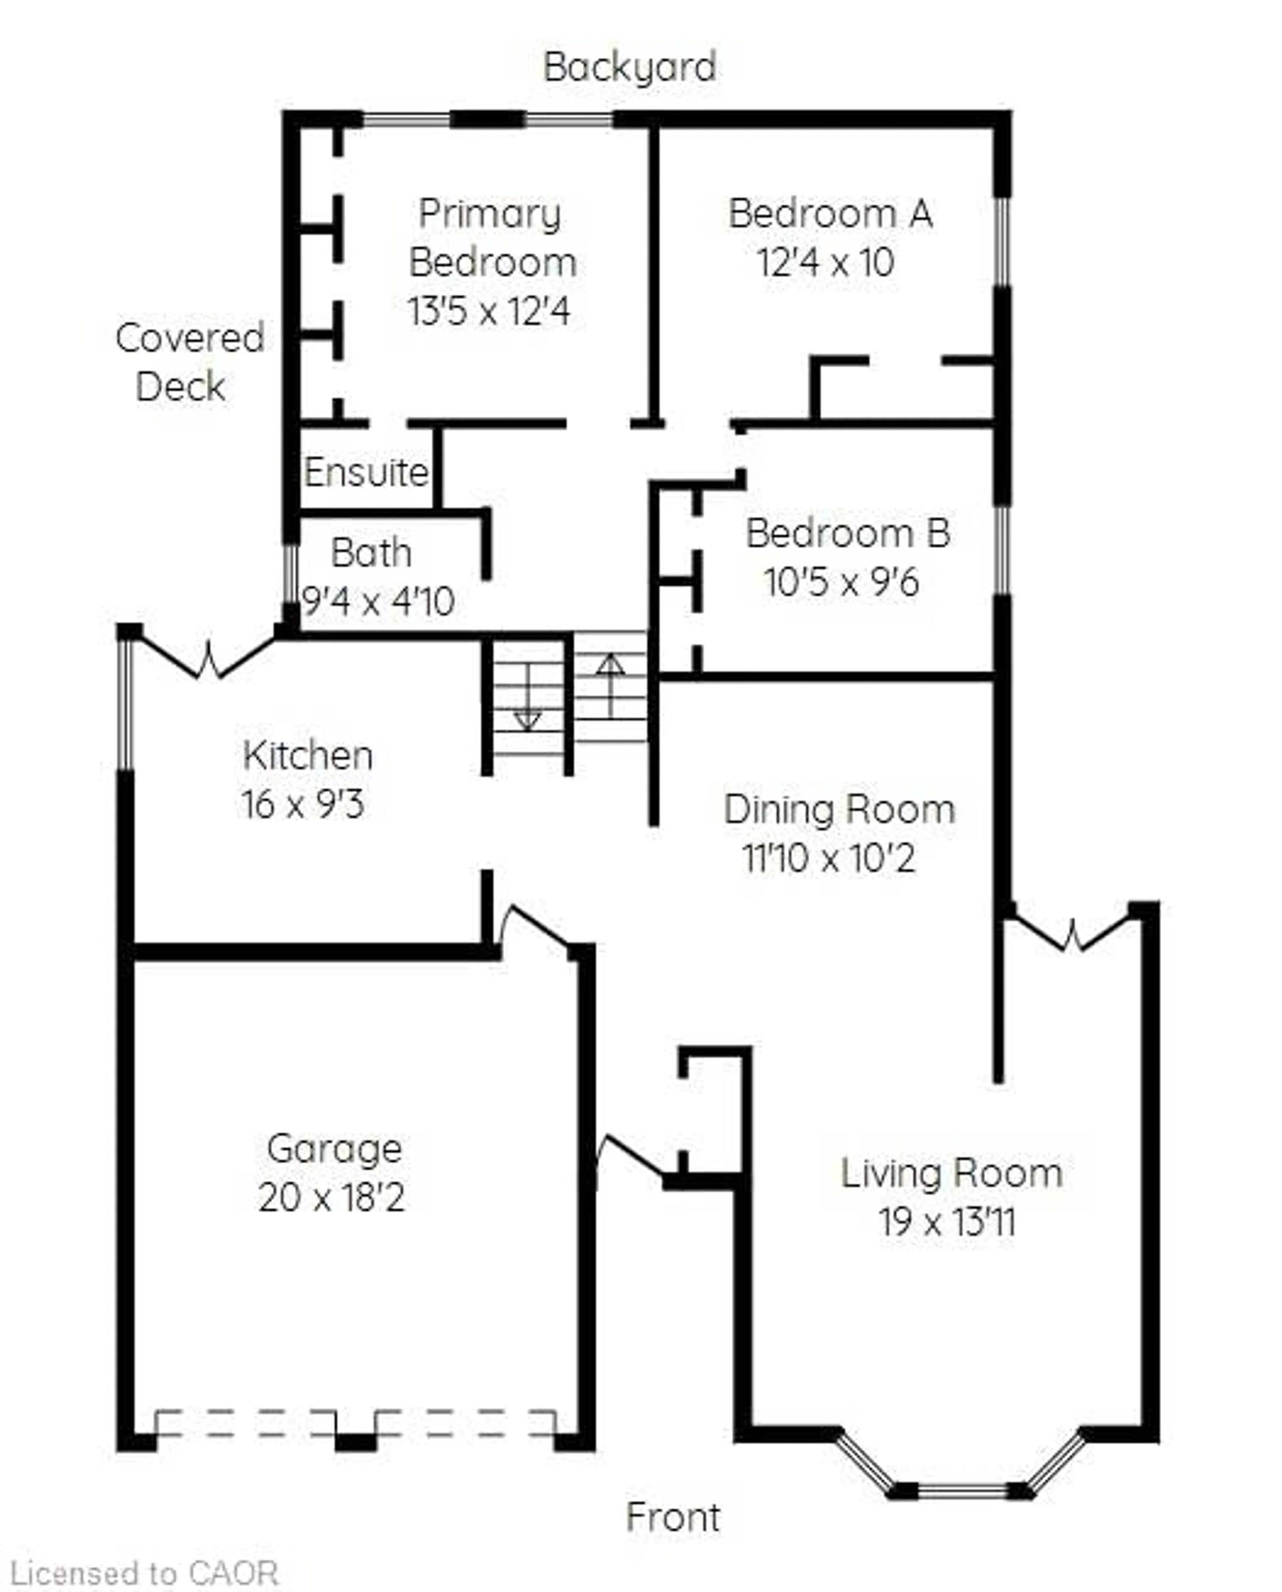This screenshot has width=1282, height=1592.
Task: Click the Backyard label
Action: click(629, 67)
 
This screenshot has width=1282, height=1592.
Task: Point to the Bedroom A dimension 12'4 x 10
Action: click(826, 262)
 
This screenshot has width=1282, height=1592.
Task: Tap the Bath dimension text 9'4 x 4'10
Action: click(378, 602)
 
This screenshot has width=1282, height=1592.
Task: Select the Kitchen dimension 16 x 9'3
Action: click(303, 804)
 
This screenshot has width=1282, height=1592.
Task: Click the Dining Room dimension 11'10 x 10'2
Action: click(829, 858)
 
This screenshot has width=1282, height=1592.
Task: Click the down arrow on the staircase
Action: click(527, 716)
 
